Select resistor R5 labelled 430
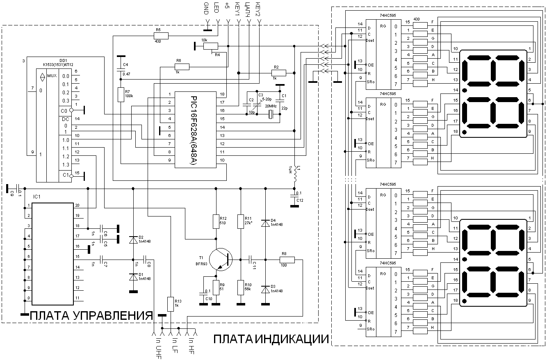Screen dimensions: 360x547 coord(161,36)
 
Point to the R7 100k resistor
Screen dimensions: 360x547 coord(121,94)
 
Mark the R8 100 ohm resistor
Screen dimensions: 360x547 coord(287,259)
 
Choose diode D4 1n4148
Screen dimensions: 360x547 coord(265,224)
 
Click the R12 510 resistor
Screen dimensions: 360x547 coord(216,221)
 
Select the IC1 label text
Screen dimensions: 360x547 coord(37,197)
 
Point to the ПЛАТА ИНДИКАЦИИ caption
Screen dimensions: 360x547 coord(271,339)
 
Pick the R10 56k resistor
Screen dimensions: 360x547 coord(241,287)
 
